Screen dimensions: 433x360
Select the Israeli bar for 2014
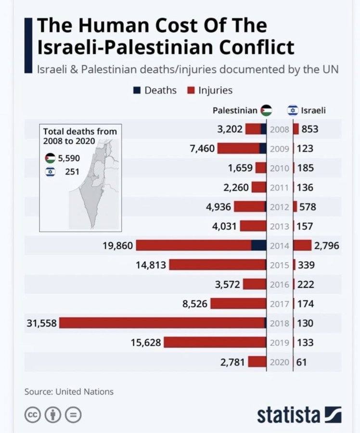coord(303,245)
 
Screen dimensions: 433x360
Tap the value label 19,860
coord(117,246)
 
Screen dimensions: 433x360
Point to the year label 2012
coord(279,207)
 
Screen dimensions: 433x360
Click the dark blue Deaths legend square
coord(137,90)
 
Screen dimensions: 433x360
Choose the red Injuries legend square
coord(190,90)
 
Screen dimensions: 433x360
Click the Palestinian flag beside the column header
coord(266,110)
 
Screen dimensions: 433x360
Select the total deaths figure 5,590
coord(68,158)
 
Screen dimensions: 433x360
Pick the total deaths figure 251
coord(72,172)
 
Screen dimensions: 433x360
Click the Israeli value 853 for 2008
coord(310,129)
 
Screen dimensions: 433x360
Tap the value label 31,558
coord(41,323)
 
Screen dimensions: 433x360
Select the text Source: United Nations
coord(69,392)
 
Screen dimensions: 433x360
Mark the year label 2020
coord(279,362)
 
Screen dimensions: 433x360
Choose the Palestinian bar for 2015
coord(218,265)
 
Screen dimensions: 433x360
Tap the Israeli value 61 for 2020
coord(301,362)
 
